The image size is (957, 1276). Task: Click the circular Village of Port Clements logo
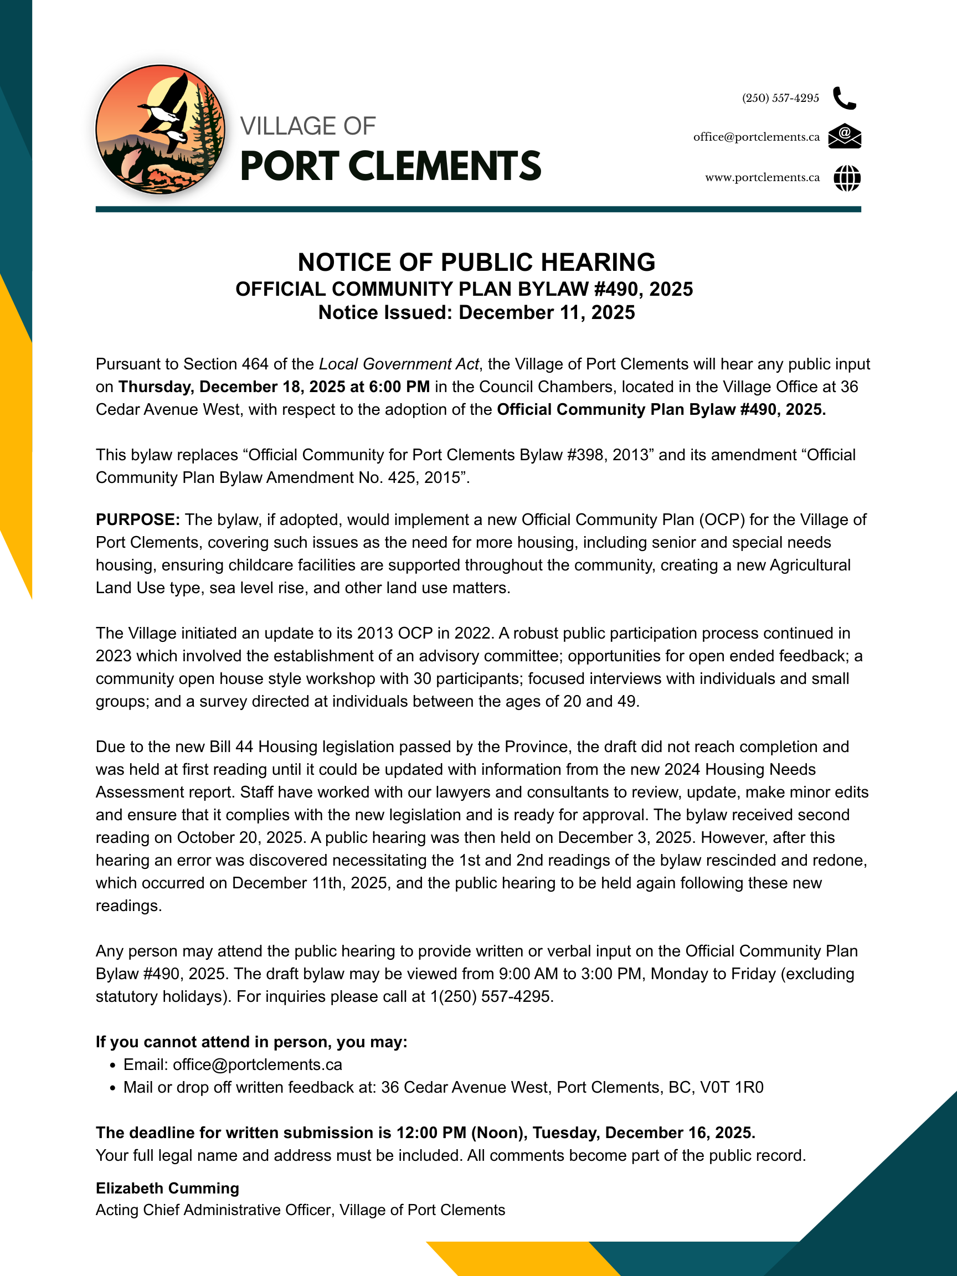[161, 129]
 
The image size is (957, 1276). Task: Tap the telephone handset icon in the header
[845, 98]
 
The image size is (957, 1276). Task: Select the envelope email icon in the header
[845, 136]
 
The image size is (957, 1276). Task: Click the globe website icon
[847, 178]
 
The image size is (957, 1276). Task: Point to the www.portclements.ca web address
[762, 178]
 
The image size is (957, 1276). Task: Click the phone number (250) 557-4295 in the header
[780, 98]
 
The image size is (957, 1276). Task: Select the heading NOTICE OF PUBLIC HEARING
[476, 263]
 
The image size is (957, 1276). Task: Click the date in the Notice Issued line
[547, 313]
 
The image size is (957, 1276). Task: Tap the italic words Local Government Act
[399, 364]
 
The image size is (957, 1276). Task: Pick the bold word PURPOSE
[137, 519]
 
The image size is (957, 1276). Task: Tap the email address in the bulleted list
[258, 1064]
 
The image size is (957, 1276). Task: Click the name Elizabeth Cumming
[167, 1188]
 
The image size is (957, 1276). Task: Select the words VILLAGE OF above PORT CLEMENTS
[307, 126]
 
